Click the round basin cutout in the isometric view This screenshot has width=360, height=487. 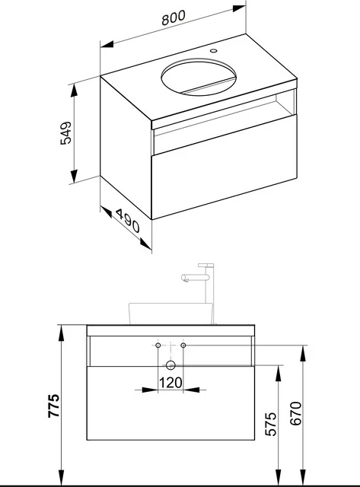[x=200, y=78]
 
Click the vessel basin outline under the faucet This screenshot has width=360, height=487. [x=170, y=313]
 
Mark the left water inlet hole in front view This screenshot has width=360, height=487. [x=158, y=346]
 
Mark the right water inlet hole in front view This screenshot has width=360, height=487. [x=183, y=346]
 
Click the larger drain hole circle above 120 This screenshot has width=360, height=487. [x=170, y=363]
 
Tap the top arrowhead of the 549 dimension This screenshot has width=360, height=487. [x=74, y=85]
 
